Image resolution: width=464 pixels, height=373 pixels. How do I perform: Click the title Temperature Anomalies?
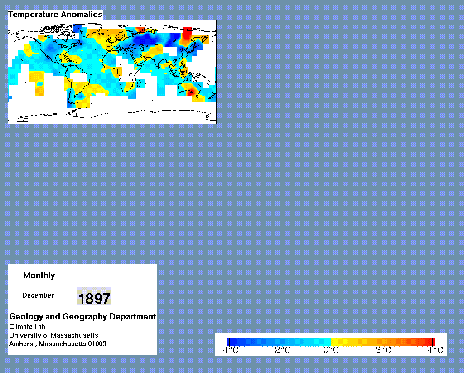(x=55, y=14)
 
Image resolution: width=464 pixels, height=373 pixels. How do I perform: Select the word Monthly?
(x=39, y=275)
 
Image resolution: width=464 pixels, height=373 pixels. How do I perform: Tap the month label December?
(x=38, y=295)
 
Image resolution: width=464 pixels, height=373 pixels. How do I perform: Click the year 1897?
(x=94, y=298)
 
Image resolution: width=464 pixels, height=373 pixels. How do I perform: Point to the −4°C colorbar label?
(x=227, y=350)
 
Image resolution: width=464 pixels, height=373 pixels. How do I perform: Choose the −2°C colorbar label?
(x=279, y=350)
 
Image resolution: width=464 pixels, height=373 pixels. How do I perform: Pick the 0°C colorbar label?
(x=331, y=350)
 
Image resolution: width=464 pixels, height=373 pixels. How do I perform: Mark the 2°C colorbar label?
(x=383, y=350)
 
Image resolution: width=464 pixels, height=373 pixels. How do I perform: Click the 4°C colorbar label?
(x=435, y=350)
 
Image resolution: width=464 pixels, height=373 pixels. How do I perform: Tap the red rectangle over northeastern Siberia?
(x=187, y=33)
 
